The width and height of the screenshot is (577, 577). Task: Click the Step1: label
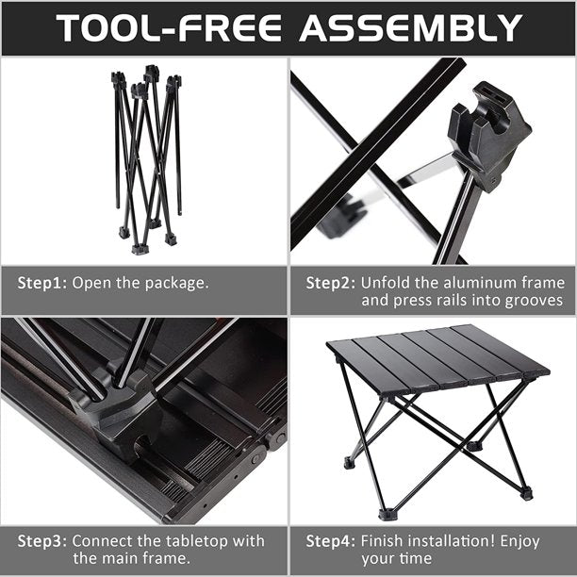pos(42,282)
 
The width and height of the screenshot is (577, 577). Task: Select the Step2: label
pos(331,282)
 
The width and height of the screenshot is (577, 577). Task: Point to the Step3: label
pos(42,541)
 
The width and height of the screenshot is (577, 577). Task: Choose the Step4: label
pos(331,541)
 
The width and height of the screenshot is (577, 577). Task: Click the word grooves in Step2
pos(531,301)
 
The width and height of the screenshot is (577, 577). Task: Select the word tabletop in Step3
pos(175,541)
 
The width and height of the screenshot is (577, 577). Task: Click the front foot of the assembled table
pos(387,514)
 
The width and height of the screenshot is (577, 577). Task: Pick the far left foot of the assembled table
pos(350,463)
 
